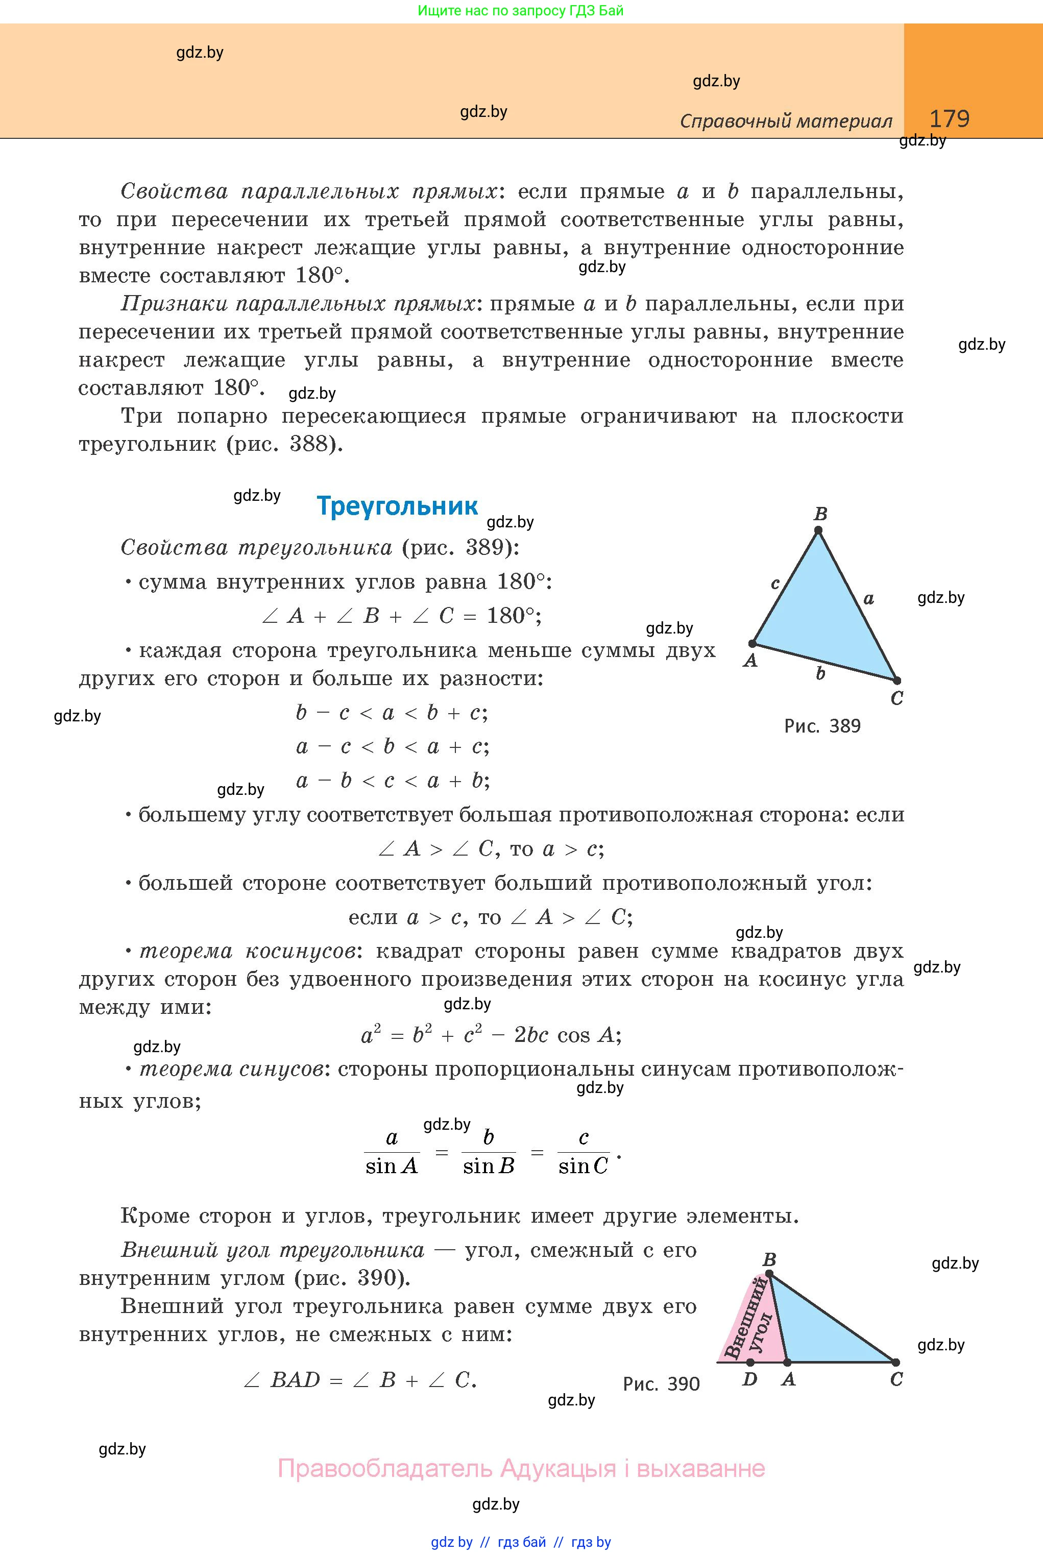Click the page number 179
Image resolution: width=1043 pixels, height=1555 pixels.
point(949,118)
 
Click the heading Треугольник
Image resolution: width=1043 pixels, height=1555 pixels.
point(397,505)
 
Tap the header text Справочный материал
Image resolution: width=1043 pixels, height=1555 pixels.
point(786,121)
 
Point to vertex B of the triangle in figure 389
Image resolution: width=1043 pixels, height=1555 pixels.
point(819,530)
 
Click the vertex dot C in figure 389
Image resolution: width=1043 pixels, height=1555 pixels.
point(896,681)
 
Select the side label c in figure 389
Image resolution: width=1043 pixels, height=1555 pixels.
point(775,584)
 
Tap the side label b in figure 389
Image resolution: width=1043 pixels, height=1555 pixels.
point(820,674)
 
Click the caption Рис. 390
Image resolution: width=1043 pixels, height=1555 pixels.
point(661,1384)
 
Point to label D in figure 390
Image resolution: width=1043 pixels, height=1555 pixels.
point(749,1379)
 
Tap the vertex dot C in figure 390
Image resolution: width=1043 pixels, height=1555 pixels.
point(895,1362)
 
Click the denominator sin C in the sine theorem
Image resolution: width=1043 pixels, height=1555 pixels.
point(584,1166)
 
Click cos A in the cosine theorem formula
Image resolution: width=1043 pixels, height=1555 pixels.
point(587,1035)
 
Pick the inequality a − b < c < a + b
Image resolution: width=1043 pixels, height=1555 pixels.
point(393,780)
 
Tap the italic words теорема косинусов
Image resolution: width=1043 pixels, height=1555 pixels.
point(247,951)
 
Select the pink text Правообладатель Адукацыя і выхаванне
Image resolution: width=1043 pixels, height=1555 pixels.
point(521,1468)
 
